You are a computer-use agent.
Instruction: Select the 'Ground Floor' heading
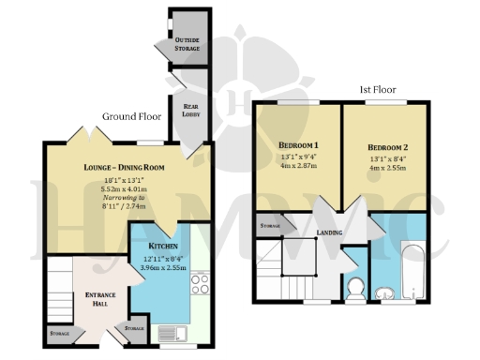click(128, 117)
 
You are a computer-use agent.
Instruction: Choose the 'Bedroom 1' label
click(299, 145)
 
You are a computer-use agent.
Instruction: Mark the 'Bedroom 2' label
click(387, 147)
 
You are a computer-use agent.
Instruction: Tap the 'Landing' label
click(329, 232)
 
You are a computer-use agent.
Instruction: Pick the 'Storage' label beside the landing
click(270, 225)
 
